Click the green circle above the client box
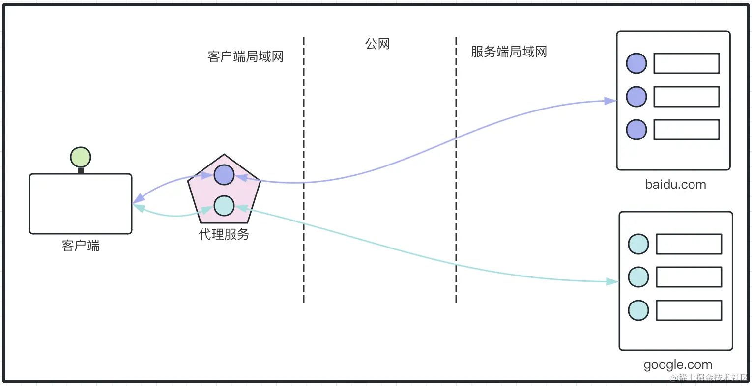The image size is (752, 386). coord(81,157)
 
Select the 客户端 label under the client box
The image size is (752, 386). coord(81,246)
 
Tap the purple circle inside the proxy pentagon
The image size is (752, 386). coord(224,175)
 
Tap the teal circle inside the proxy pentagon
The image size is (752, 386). coord(224,206)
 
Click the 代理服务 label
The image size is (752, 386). coord(224,234)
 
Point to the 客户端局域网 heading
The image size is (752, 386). coord(246,57)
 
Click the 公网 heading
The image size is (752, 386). coord(377,44)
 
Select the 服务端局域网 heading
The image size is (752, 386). coord(509,52)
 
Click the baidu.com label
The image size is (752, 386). coord(675,185)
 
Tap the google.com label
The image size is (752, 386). coord(678,365)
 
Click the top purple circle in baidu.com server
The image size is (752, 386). coord(636,63)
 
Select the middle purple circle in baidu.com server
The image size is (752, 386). coord(636,97)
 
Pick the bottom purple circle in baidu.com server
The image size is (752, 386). coord(636,130)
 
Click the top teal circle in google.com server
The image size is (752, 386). coord(638,244)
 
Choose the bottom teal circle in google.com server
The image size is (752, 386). coord(638,310)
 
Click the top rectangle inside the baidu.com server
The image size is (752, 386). coord(686,63)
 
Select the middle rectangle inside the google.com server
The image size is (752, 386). coord(689,277)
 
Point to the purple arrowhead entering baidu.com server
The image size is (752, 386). coord(610,101)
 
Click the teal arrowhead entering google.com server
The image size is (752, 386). coord(612,281)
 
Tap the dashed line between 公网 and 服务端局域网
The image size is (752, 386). coord(456,196)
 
